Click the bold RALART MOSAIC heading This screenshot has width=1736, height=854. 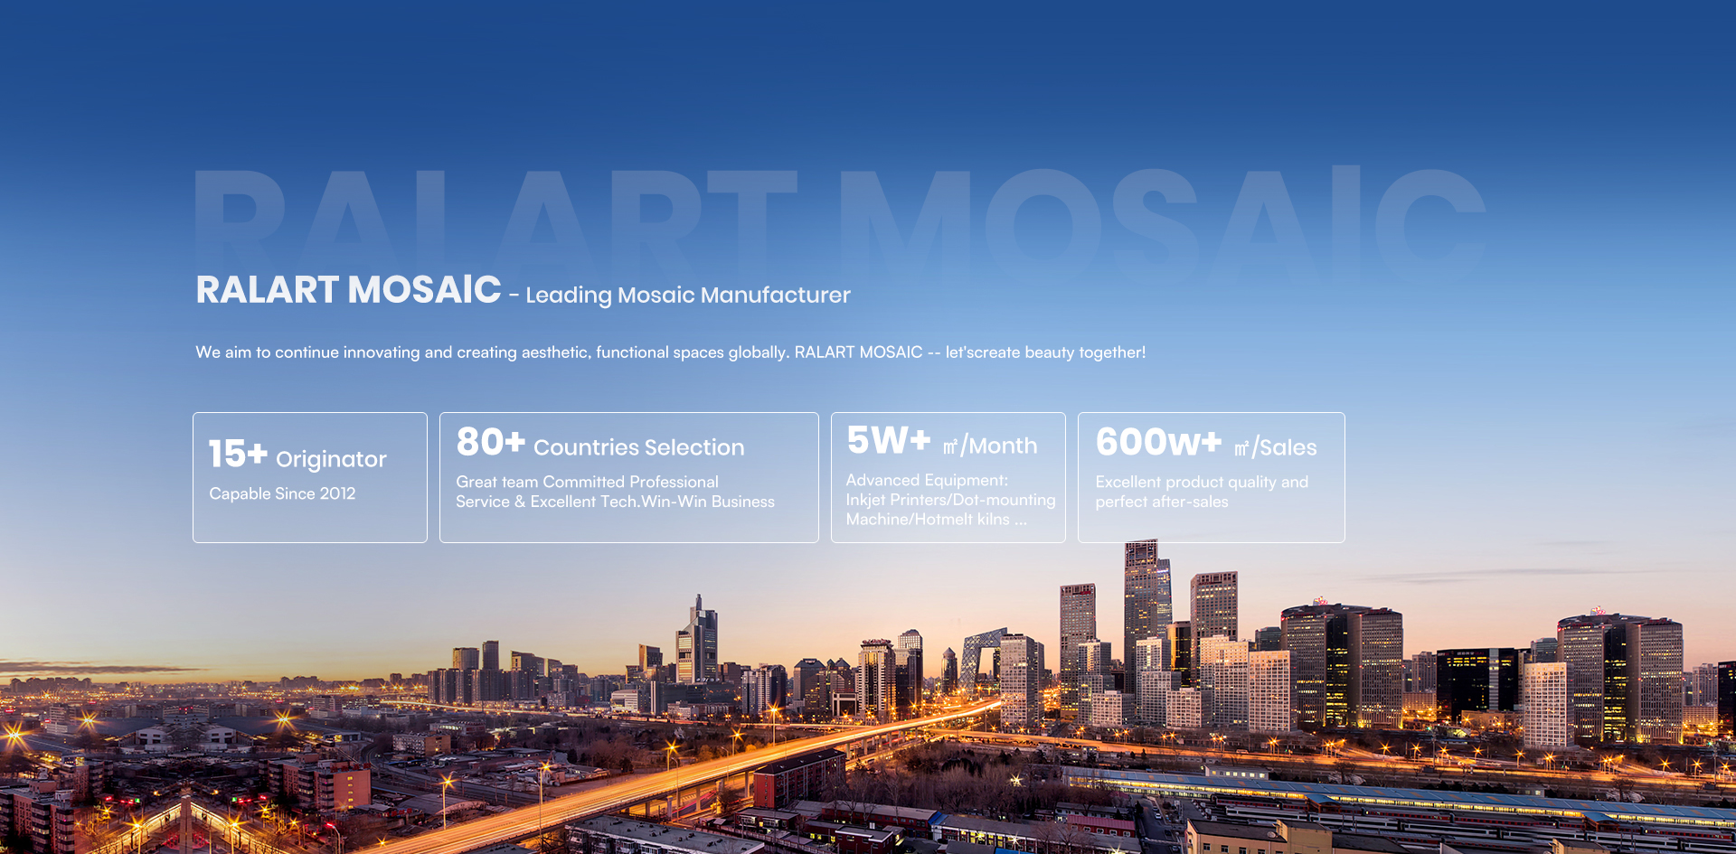click(x=348, y=290)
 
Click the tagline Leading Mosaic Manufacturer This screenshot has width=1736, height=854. click(x=687, y=296)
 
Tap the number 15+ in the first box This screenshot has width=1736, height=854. click(x=238, y=454)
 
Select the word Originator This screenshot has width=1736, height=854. click(x=331, y=459)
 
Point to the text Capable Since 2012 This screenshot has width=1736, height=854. click(x=282, y=493)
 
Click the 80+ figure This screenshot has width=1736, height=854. click(x=490, y=442)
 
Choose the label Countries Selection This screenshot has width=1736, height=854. click(x=638, y=447)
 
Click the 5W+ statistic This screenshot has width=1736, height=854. click(x=888, y=441)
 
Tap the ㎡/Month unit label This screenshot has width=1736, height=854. click(x=990, y=446)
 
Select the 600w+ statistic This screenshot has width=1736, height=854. click(x=1158, y=442)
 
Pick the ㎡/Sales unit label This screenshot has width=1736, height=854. click(x=1275, y=447)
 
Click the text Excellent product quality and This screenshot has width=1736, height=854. click(x=1202, y=483)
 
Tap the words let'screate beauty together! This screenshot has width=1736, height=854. click(x=1045, y=352)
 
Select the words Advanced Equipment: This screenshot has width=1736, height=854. click(x=927, y=481)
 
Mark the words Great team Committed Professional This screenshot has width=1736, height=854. click(x=587, y=483)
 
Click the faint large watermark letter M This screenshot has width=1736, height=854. click(x=909, y=221)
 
